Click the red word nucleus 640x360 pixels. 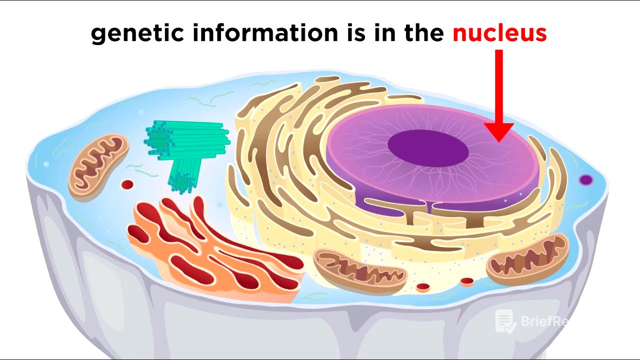499,33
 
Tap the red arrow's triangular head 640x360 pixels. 498,132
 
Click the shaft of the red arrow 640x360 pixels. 498,85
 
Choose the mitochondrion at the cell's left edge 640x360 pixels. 98,165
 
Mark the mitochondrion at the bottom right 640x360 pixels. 528,259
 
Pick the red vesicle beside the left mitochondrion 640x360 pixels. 127,184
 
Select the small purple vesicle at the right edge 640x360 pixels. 585,179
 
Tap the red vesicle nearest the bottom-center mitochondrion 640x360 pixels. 423,287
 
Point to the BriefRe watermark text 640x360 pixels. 550,321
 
